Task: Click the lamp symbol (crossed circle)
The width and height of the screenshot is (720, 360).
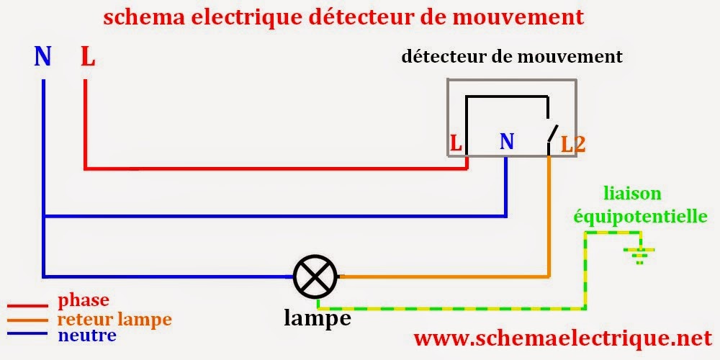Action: point(315,276)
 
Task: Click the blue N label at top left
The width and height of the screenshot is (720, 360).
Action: point(42,57)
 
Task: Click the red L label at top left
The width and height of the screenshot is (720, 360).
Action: point(87,57)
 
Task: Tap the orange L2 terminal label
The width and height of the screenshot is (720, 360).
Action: point(573,143)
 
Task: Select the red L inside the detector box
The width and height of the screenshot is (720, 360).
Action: point(456,143)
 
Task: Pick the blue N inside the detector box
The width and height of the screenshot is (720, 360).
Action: point(507,142)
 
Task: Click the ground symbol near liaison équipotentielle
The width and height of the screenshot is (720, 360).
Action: point(638,253)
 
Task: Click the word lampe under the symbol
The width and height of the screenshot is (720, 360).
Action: point(318,318)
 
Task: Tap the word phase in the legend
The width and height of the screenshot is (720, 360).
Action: point(84,299)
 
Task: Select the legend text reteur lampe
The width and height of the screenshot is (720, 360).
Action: point(114,318)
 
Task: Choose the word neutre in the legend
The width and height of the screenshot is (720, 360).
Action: point(87,336)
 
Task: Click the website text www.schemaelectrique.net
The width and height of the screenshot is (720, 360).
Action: point(562,338)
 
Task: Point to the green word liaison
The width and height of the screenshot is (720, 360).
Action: point(633,194)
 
